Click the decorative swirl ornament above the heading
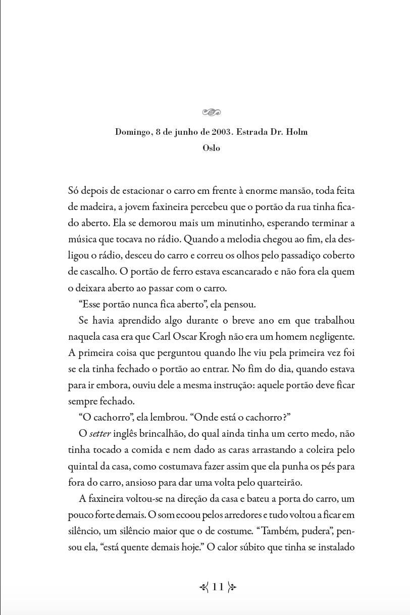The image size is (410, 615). point(211,112)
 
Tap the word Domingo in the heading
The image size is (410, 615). point(133,132)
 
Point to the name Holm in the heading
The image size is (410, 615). point(296,132)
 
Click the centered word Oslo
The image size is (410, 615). point(211,148)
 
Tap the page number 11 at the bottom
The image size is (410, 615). point(218,587)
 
